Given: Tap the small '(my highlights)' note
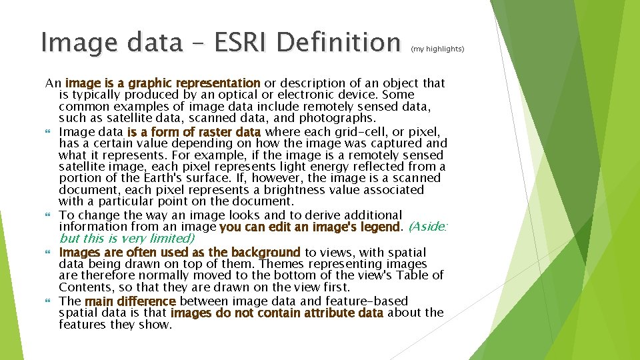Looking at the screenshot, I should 437,49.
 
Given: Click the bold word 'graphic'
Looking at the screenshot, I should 150,83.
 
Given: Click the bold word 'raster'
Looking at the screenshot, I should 209,132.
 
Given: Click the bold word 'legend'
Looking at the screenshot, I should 377,227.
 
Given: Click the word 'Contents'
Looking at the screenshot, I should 85,288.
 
